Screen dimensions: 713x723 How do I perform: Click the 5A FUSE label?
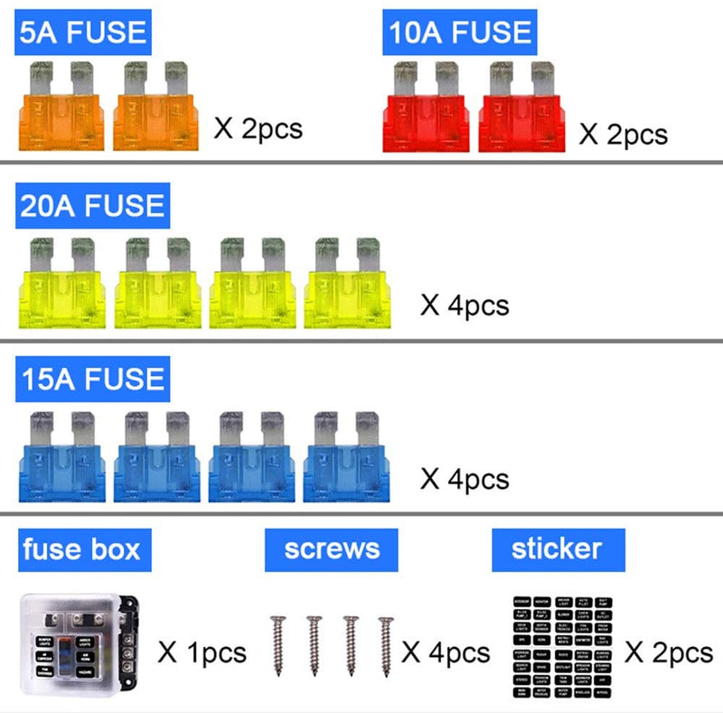[83, 33]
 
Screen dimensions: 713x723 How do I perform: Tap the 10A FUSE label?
[459, 33]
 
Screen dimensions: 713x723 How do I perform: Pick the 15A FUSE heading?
[92, 377]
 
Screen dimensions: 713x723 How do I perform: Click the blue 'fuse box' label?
[81, 549]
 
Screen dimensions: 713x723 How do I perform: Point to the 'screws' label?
[332, 549]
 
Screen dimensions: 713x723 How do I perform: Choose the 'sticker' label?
[558, 549]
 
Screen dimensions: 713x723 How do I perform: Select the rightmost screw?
[386, 647]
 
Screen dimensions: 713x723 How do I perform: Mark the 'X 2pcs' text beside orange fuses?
[258, 127]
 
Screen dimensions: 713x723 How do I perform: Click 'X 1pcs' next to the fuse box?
[202, 652]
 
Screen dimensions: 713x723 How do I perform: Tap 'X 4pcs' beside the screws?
[446, 652]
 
